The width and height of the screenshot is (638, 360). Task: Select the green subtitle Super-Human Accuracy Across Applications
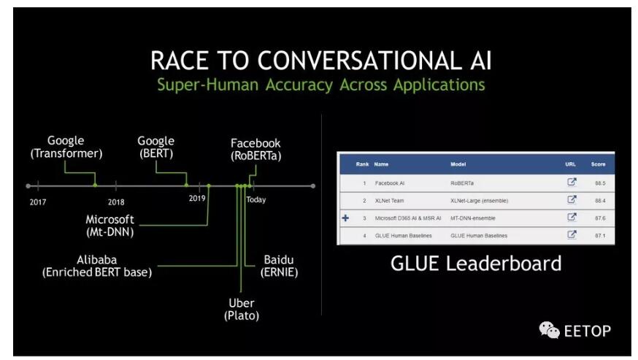320,85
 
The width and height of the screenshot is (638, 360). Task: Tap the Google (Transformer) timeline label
66,147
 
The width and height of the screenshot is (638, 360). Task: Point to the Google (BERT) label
156,147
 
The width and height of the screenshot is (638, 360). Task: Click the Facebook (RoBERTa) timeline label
255,149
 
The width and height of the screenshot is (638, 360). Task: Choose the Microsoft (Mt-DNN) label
110,226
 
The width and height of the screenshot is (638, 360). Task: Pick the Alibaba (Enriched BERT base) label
96,266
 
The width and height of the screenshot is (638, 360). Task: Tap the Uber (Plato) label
241,309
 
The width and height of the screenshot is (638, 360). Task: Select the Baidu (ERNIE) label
280,266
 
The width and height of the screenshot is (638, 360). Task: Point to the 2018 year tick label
116,201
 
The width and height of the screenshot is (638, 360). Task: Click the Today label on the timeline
255,200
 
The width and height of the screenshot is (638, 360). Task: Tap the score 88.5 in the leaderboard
599,183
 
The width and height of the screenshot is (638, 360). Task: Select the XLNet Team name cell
392,200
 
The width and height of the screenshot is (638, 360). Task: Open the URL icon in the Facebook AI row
572,182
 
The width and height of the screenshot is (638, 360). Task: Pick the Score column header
598,164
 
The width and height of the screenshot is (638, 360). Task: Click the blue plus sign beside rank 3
345,218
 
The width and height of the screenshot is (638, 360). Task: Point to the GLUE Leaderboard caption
476,264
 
